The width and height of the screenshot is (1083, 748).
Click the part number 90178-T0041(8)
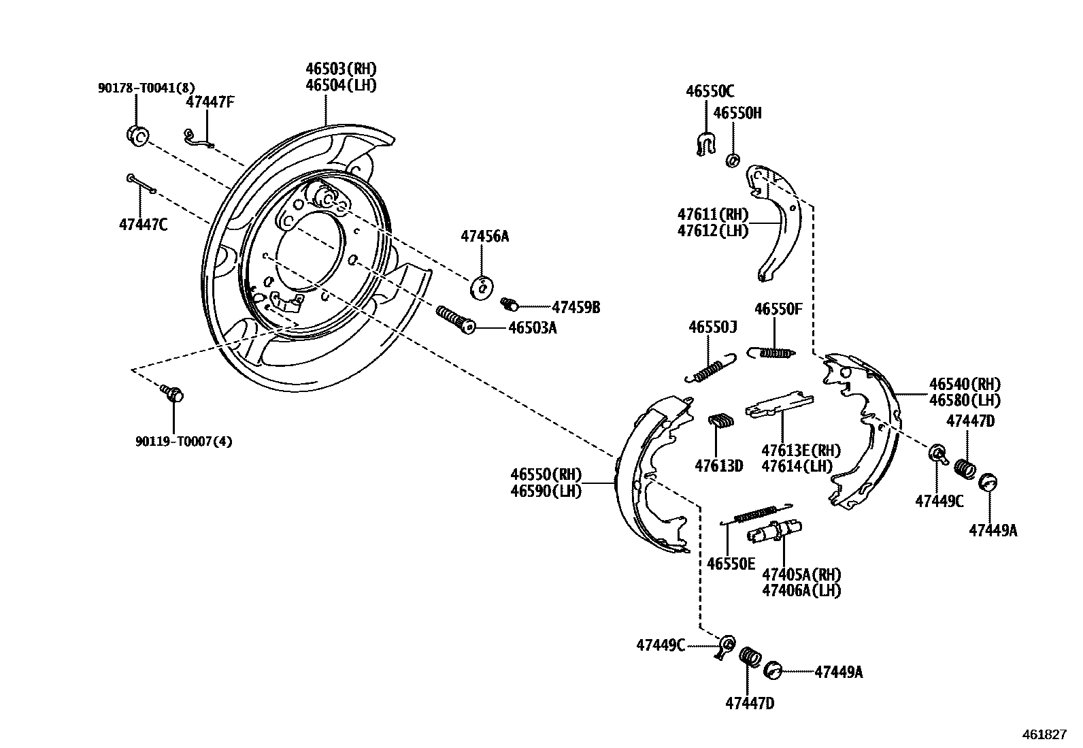146,88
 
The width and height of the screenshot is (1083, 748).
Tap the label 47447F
210,102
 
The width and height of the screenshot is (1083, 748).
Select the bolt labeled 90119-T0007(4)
173,393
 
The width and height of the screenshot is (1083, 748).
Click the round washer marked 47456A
482,288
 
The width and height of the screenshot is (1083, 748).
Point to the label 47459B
576,307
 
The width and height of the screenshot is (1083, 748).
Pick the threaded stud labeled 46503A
456,319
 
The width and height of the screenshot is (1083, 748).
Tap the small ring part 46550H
733,160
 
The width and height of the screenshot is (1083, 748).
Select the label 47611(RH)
713,214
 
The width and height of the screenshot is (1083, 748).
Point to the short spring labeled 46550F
771,353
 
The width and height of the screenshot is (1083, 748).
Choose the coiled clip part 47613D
720,421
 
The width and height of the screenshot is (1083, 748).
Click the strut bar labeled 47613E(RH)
779,404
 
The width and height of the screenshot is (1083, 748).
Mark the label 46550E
731,564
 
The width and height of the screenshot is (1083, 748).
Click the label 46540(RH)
965,384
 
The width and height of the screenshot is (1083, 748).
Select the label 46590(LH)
546,491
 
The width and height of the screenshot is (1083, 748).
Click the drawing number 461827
1044,734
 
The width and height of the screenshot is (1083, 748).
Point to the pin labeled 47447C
141,184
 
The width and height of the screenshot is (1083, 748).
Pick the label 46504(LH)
341,85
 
